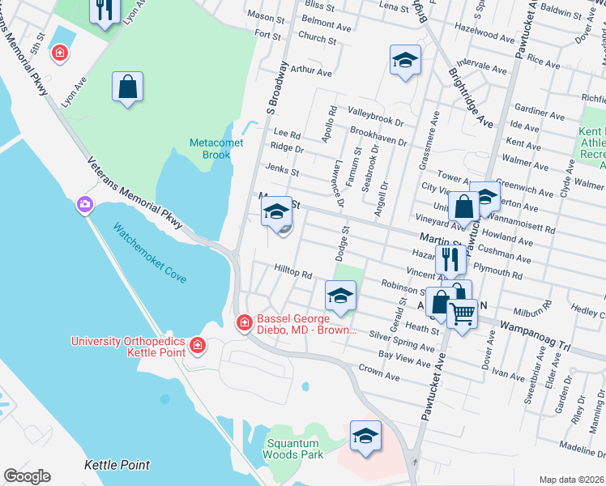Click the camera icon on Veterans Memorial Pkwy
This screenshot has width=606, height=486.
84,206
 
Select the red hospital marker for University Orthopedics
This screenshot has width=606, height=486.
197,347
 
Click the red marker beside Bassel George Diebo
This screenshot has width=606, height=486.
243,323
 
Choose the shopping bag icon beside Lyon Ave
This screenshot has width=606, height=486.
127,87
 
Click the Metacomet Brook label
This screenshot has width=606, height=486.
211,148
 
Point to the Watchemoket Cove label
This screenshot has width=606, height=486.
149,253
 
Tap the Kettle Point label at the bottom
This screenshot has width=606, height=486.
117,465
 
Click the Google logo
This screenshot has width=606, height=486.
27,476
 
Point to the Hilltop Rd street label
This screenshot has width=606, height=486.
292,275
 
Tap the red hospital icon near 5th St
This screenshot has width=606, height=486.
59,53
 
